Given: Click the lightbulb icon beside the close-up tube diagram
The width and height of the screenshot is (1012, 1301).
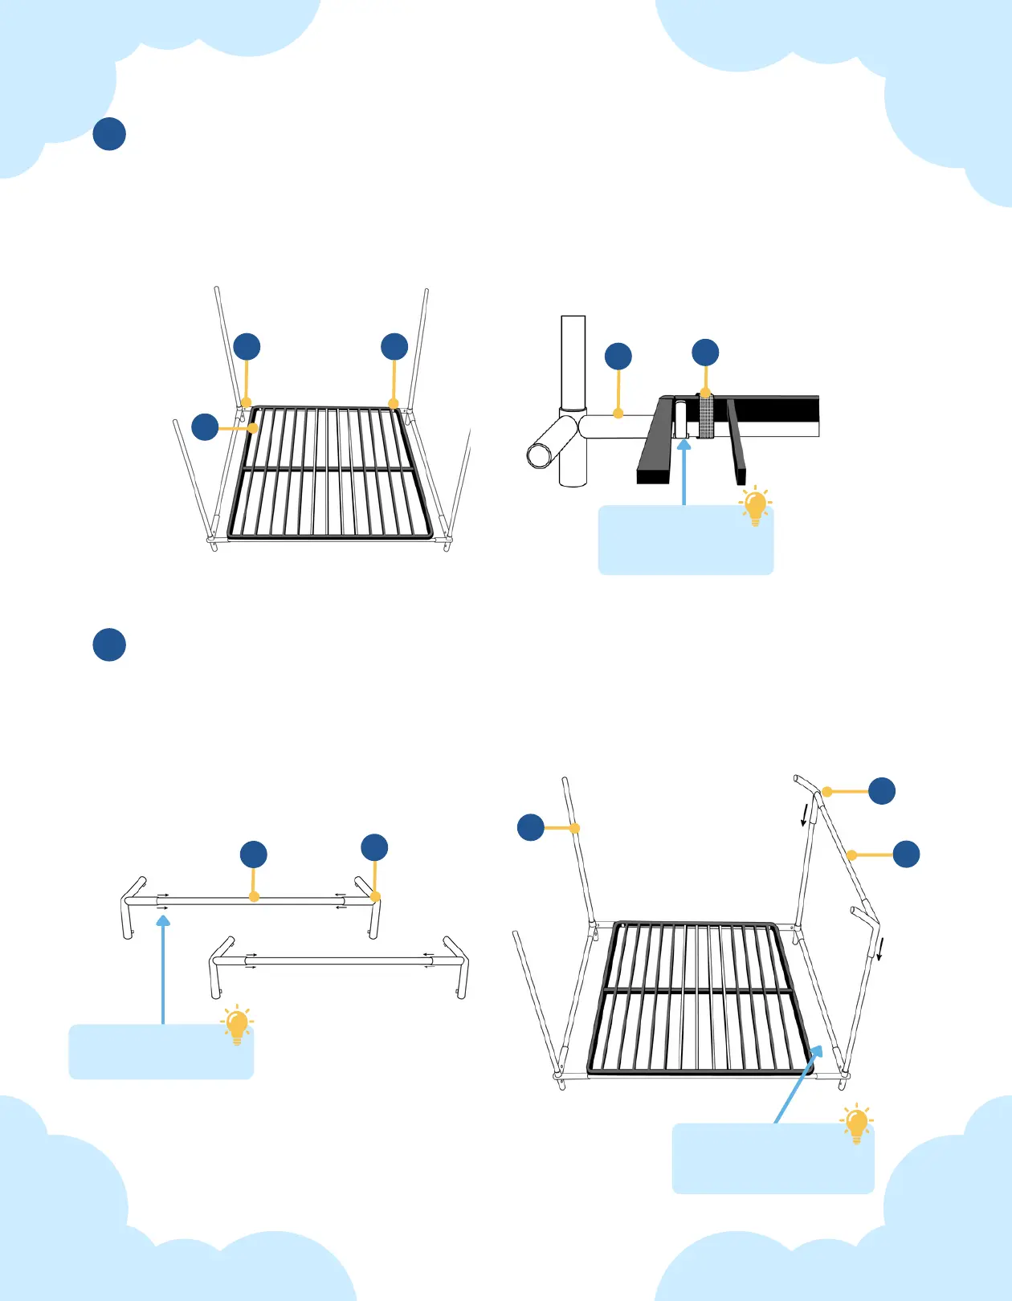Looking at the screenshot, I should click(x=755, y=507).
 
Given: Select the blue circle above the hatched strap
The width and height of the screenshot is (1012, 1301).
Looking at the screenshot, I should click(x=705, y=353).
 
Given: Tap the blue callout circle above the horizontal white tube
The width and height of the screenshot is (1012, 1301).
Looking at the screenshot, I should click(x=618, y=357).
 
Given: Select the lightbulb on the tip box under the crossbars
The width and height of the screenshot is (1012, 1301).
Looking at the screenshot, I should click(x=237, y=1026).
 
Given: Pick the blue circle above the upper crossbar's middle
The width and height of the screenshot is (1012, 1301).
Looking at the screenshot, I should click(x=254, y=854).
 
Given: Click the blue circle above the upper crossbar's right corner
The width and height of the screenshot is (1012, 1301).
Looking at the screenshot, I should click(x=374, y=848).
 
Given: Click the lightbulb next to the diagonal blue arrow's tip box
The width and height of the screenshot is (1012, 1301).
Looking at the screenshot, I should click(x=856, y=1124).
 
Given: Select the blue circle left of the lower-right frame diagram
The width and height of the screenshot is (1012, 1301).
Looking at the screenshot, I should click(x=531, y=827).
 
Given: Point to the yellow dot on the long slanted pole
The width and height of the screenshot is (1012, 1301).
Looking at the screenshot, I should click(x=851, y=855).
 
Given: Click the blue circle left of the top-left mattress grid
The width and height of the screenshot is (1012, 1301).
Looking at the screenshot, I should click(x=205, y=426).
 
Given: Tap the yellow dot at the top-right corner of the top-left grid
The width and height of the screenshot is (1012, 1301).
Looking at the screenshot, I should click(x=393, y=403).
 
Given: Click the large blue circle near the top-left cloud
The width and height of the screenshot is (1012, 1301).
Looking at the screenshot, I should click(x=109, y=134).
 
